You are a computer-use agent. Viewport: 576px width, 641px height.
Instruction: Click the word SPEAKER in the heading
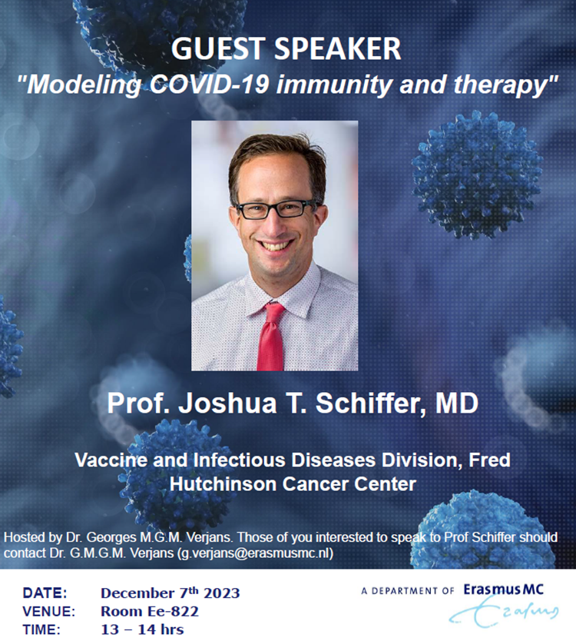pyautogui.click(x=337, y=48)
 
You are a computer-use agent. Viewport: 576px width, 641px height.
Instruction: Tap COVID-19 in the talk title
pyautogui.click(x=209, y=85)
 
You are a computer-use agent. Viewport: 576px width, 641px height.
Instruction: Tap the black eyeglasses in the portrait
pyautogui.click(x=276, y=209)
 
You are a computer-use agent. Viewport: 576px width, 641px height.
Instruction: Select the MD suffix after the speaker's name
pyautogui.click(x=457, y=403)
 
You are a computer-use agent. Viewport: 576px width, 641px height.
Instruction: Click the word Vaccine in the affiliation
pyautogui.click(x=111, y=460)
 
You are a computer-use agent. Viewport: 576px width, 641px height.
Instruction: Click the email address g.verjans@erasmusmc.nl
pyautogui.click(x=255, y=553)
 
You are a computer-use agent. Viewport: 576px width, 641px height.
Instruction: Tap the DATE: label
pyautogui.click(x=45, y=593)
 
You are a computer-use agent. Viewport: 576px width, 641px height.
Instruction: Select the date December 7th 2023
pyautogui.click(x=170, y=593)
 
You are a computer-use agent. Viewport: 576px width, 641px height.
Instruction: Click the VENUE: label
pyautogui.click(x=49, y=611)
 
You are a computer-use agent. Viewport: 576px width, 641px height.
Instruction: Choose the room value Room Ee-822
pyautogui.click(x=150, y=611)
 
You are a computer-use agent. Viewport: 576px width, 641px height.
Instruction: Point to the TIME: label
pyautogui.click(x=41, y=629)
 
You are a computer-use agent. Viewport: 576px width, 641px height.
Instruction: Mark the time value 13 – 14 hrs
pyautogui.click(x=142, y=629)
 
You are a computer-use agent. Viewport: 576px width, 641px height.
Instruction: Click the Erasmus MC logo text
pyautogui.click(x=503, y=590)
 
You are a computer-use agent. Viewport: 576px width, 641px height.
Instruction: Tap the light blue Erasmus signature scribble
pyautogui.click(x=504, y=612)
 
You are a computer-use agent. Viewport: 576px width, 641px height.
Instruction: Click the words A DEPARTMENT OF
pyautogui.click(x=408, y=591)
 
